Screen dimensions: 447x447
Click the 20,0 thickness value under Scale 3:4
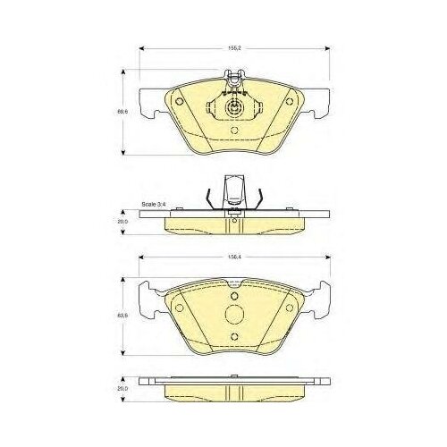123,219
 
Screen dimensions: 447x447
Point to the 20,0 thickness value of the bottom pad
123,390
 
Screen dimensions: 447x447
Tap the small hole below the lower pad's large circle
233,337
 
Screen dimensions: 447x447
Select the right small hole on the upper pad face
289,101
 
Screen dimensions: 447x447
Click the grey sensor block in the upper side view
233,191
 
